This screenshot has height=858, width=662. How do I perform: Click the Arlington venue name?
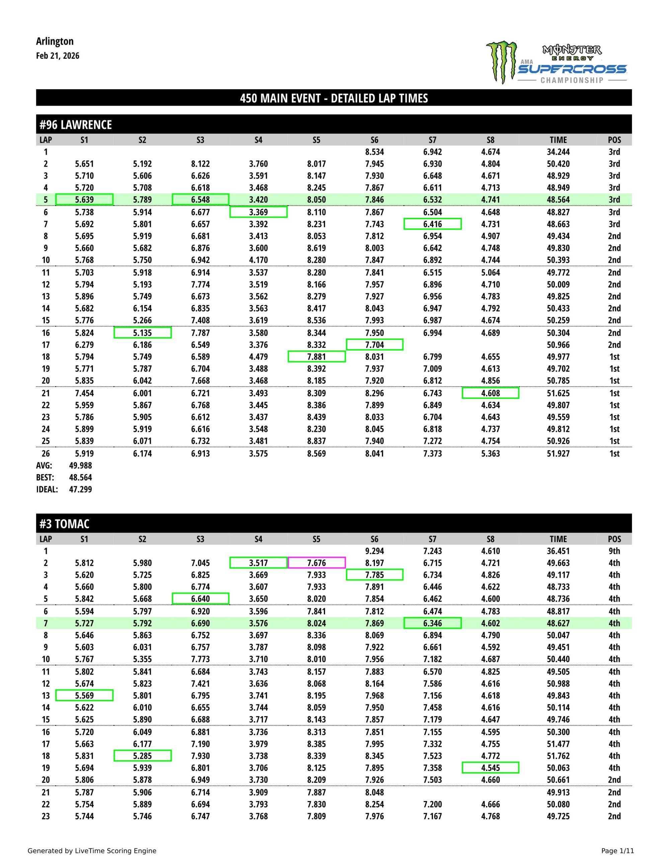[55, 41]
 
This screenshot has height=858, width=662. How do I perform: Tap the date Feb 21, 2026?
[57, 56]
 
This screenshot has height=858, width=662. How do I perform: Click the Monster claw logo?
[501, 62]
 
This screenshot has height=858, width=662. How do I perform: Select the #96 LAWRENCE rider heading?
[75, 125]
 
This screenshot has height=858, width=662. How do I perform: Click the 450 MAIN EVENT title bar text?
[334, 98]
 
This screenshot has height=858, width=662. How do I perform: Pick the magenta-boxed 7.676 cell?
[316, 563]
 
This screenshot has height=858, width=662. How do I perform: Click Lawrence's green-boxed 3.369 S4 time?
[258, 212]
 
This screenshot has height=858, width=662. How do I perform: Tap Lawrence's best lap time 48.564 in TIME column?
[558, 199]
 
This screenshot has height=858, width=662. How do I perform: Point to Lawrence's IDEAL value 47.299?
[80, 490]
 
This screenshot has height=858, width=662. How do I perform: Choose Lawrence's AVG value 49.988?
[80, 466]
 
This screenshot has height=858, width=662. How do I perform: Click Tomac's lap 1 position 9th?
[614, 551]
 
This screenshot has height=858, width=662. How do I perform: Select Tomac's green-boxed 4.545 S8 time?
[490, 768]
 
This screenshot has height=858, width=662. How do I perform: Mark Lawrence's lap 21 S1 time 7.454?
[84, 393]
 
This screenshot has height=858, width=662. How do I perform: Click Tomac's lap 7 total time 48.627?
[558, 623]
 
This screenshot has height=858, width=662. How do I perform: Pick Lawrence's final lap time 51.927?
[558, 453]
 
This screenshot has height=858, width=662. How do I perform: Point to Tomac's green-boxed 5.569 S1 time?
[84, 695]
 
